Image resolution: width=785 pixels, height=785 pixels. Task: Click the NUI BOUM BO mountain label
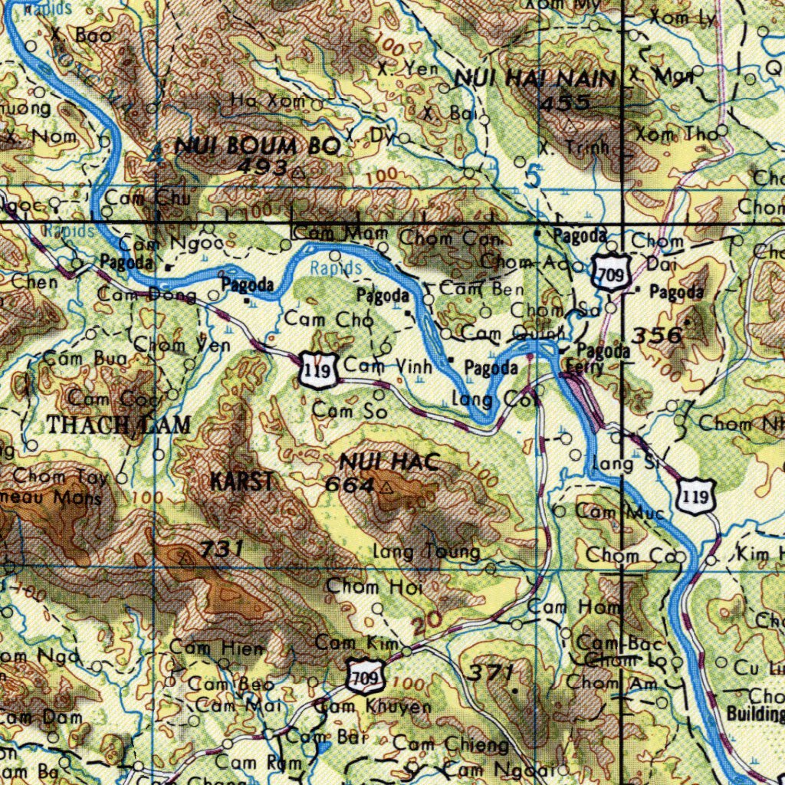258,146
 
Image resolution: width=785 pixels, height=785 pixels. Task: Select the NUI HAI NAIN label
535,78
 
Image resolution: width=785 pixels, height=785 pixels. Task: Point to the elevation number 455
565,103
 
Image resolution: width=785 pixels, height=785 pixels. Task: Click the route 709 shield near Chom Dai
611,274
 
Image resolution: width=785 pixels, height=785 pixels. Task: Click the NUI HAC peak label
389,462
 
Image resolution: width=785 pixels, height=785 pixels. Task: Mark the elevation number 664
350,485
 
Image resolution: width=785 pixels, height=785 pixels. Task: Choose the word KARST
242,482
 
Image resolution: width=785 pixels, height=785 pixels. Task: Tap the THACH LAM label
119,425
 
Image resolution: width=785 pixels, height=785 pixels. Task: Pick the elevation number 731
222,549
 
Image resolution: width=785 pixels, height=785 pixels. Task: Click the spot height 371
491,673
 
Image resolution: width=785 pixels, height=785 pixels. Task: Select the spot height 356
658,335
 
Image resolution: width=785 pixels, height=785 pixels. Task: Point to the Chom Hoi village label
364,587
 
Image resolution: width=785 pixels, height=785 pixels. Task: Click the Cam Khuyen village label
374,706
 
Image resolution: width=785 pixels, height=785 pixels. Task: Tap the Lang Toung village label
426,552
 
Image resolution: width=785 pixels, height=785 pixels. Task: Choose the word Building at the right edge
755,714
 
